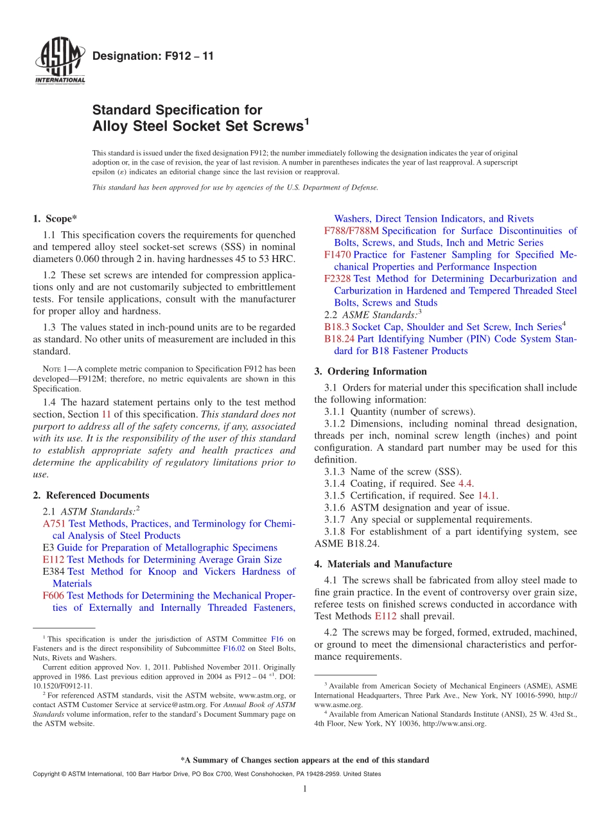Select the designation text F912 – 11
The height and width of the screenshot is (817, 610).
point(153,56)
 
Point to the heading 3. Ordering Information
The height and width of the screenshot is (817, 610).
point(370,371)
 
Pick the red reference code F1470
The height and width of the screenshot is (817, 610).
point(338,255)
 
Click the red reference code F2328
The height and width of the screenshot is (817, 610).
point(338,279)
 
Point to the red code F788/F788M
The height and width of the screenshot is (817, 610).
point(352,231)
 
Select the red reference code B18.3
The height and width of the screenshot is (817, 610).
point(337,327)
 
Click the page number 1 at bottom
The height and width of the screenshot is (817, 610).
point(305,789)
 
